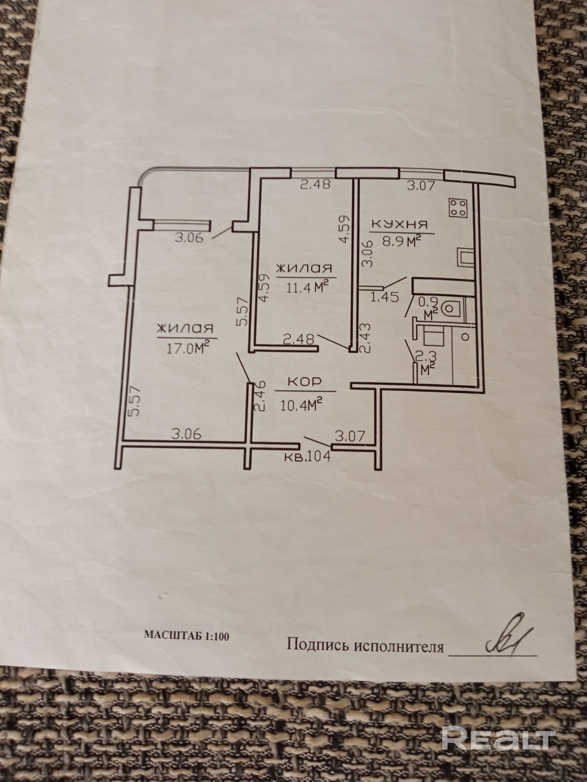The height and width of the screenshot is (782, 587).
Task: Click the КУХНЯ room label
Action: pyautogui.click(x=400, y=224)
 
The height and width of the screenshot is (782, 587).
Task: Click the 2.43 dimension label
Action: pyautogui.click(x=364, y=338)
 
